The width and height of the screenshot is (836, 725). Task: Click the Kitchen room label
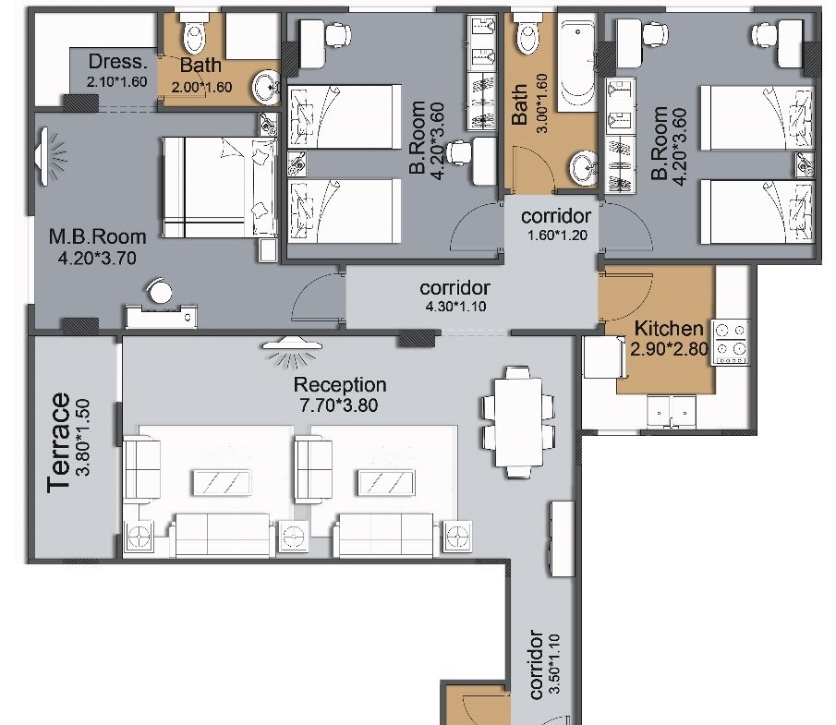point(669,329)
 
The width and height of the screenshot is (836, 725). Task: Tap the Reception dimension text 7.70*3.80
point(339,405)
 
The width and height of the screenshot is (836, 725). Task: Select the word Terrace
point(58,443)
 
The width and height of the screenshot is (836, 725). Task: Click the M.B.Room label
point(97,236)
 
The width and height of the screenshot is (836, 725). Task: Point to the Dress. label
point(118,62)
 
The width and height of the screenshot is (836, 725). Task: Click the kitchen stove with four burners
point(731,343)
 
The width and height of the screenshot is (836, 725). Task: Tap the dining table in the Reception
point(517,422)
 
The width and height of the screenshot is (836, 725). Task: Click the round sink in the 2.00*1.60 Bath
point(265,87)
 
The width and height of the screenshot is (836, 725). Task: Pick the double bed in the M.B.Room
point(219,187)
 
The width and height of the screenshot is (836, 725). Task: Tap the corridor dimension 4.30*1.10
point(455,307)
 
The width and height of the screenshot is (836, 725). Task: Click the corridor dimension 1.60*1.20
point(557,236)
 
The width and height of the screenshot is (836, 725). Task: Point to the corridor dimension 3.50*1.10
point(554,664)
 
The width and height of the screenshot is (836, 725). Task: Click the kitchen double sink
point(672,412)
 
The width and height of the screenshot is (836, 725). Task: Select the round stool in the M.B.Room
point(160,292)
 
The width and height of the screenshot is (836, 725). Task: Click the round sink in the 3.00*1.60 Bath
point(585,167)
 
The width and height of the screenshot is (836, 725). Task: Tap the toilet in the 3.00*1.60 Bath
point(527,33)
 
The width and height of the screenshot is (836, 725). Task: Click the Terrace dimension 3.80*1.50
point(83,437)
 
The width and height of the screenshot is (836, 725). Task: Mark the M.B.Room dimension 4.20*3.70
point(97,259)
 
